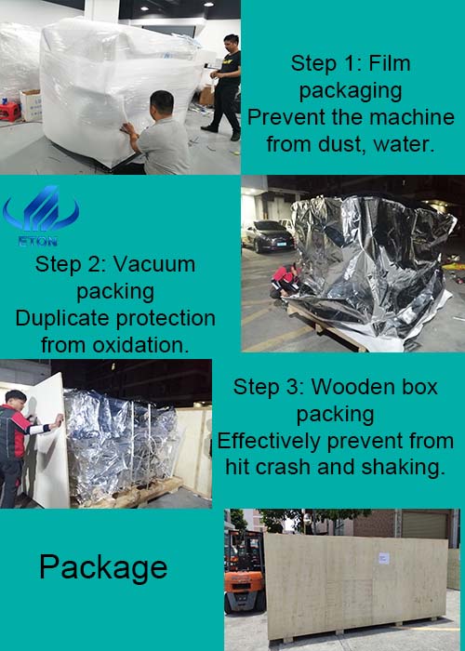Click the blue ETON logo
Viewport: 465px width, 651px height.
coord(41,215)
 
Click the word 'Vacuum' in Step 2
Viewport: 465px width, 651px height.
coord(153,264)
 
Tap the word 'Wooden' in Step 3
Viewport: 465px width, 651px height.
coord(352,387)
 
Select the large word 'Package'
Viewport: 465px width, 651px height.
coord(103,568)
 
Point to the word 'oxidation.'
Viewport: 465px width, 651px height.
coord(140,345)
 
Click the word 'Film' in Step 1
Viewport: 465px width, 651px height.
coord(390,63)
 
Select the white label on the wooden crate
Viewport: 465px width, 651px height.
coord(383,558)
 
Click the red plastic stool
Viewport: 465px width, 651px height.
coord(9,111)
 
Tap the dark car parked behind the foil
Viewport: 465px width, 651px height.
coord(269,236)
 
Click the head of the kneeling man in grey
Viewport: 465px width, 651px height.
coord(162,104)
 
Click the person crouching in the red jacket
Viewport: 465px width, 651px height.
coord(286,281)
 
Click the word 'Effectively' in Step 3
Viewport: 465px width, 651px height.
coord(270,441)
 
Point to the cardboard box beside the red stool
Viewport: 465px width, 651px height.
coord(32,105)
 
